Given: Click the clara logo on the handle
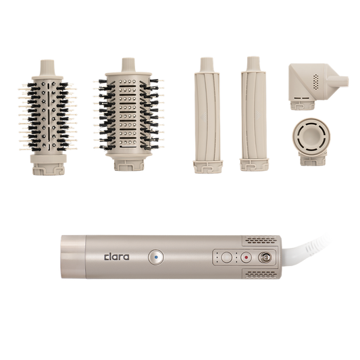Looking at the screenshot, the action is tap(117, 257).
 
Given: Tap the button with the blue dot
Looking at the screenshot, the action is tap(156, 257).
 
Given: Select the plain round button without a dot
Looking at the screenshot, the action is tap(226, 257).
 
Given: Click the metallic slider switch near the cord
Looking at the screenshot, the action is tap(265, 257).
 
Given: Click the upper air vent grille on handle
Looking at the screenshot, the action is tap(260, 240).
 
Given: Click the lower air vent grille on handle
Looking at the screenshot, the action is tap(260, 274).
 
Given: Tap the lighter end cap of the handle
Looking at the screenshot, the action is tap(73, 257).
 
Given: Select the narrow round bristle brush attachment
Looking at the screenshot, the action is tap(47, 118).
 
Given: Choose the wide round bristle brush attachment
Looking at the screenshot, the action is tap(128, 114).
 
